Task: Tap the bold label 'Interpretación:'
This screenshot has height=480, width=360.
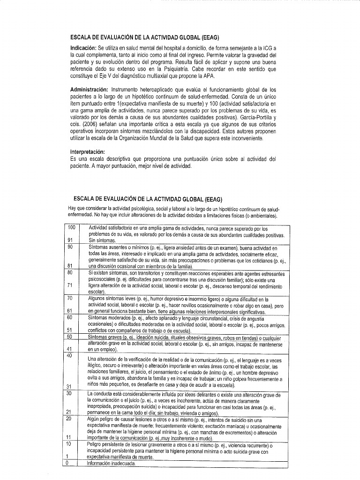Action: point(88,152)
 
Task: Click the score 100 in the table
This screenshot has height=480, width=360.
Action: point(71,228)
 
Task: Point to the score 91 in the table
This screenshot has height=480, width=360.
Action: point(70,240)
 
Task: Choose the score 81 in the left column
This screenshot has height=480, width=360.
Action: point(70,265)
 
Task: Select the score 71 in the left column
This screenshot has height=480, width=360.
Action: point(70,285)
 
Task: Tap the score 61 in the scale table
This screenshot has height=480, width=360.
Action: point(70,311)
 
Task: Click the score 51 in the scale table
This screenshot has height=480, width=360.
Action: point(70,330)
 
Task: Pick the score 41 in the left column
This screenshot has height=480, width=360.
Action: point(70,349)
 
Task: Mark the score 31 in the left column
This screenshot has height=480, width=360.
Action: point(70,386)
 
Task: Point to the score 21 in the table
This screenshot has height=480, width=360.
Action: point(70,412)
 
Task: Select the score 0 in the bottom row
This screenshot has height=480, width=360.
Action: point(67,463)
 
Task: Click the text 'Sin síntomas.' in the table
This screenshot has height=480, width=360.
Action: point(102,240)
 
